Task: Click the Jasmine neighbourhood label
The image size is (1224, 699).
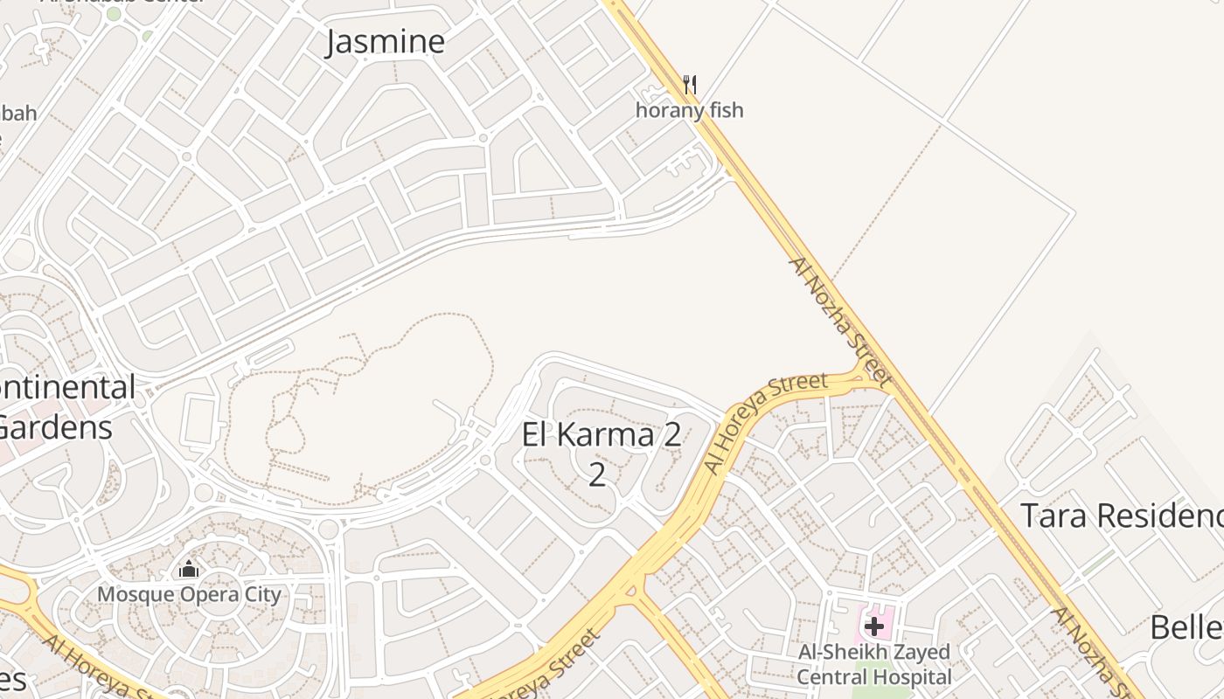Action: [x=386, y=42]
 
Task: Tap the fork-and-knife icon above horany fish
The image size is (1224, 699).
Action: [x=690, y=84]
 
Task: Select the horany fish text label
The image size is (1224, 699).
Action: [x=689, y=110]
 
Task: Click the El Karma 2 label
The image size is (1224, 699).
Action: [x=601, y=435]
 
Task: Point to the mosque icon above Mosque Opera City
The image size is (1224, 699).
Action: [x=188, y=570]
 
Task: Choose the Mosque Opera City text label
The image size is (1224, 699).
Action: [x=189, y=595]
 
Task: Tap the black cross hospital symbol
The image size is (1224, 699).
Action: [x=873, y=626]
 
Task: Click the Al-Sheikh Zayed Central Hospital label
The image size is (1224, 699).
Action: [x=873, y=664]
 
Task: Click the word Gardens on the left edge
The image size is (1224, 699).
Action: [x=56, y=427]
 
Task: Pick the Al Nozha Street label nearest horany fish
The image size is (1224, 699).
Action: [x=838, y=321]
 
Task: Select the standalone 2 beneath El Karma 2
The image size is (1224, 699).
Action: [x=597, y=474]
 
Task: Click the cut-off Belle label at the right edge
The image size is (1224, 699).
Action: [x=1186, y=627]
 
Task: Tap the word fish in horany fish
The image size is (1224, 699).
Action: [x=727, y=110]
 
